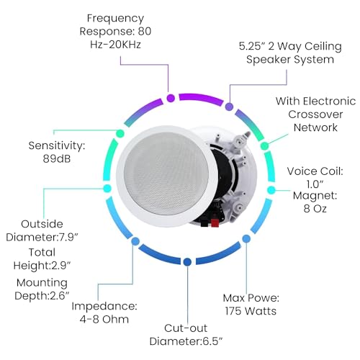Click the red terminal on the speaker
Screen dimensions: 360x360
(215, 222)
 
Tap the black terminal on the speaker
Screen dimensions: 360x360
(204, 222)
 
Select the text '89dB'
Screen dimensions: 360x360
(57, 158)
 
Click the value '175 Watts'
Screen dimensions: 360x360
(251, 311)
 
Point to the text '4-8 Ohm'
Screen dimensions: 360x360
(104, 319)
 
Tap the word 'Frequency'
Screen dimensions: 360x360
(115, 19)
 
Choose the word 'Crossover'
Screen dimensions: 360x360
(315, 114)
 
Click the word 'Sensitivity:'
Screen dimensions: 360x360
(57, 145)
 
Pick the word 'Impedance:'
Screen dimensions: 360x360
(104, 307)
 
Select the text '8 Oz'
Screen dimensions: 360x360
(315, 208)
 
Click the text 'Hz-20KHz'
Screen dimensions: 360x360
(115, 45)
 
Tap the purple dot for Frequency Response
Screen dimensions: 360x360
(171, 98)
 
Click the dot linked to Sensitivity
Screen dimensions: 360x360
(120, 133)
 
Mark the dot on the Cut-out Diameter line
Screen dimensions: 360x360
(187, 262)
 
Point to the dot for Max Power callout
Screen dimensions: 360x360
(246, 238)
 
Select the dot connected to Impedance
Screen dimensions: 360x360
(135, 241)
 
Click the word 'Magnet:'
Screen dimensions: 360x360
(315, 196)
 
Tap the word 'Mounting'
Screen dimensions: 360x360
(42, 283)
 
